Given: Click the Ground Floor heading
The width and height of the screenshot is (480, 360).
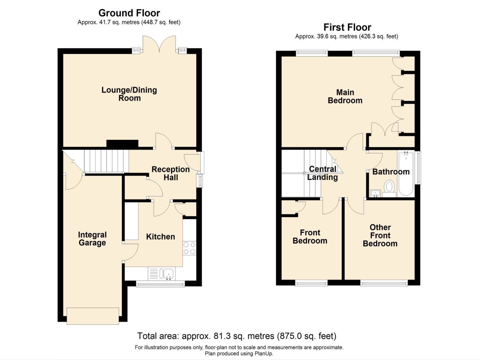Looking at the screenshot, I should click(x=129, y=13).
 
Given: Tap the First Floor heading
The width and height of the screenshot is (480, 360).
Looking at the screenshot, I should click(x=347, y=27).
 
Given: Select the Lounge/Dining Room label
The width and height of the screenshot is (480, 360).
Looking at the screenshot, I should click(x=129, y=94).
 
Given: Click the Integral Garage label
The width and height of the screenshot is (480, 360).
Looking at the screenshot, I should click(x=92, y=239).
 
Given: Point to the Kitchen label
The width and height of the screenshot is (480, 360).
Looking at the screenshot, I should click(x=160, y=237).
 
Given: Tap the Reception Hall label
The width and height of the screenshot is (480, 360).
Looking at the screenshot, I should click(x=171, y=173).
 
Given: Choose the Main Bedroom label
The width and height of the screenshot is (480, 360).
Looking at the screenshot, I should click(x=345, y=96).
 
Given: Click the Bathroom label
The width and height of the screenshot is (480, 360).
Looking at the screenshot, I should click(x=391, y=172).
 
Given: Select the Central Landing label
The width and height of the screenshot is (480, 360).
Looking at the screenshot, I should click(x=322, y=173).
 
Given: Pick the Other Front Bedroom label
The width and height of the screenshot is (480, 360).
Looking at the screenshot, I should click(x=380, y=235).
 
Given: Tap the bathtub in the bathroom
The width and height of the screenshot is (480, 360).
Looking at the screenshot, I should click(x=406, y=173).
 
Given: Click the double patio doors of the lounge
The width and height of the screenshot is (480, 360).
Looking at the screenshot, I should click(x=159, y=44).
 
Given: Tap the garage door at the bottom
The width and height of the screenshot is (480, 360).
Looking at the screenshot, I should click(x=93, y=316).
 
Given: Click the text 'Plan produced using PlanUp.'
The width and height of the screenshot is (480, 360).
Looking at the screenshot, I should click(x=239, y=354).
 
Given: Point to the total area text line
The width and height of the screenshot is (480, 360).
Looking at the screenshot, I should click(x=237, y=336).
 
